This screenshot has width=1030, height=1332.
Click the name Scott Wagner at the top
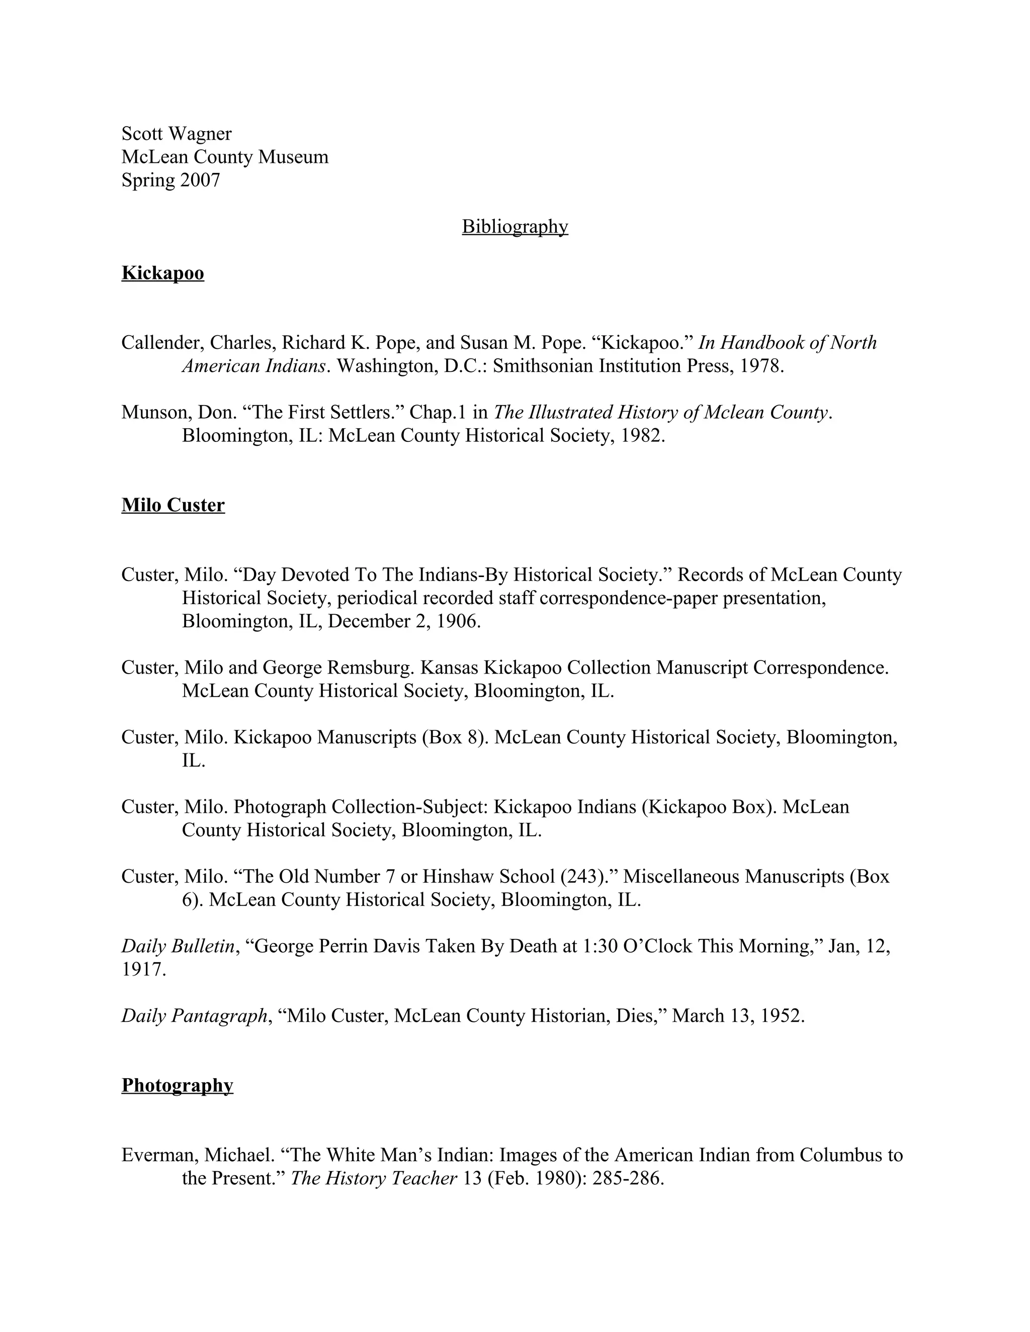pos(177,134)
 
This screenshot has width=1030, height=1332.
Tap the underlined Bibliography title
pos(514,226)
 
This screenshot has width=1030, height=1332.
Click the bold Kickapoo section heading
pos(162,273)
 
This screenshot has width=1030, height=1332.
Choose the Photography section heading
pos(177,1085)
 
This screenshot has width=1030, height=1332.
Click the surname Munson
pos(154,412)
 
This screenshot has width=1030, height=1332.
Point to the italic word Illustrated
pos(569,412)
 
